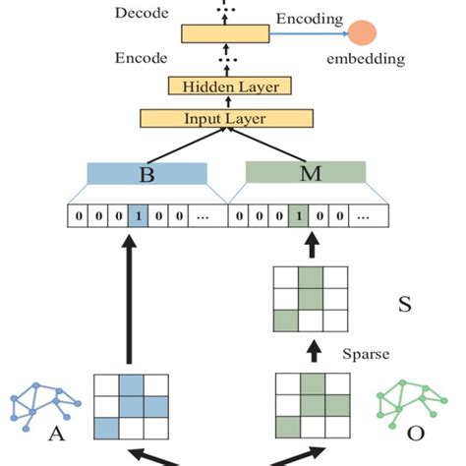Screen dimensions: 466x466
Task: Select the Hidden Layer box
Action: pyautogui.click(x=231, y=87)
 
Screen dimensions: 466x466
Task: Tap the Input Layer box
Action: pyautogui.click(x=231, y=119)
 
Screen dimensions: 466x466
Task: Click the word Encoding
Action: pyautogui.click(x=309, y=18)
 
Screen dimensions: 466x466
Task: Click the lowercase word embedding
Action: pyautogui.click(x=365, y=60)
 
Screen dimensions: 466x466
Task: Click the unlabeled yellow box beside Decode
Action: pyautogui.click(x=225, y=34)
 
